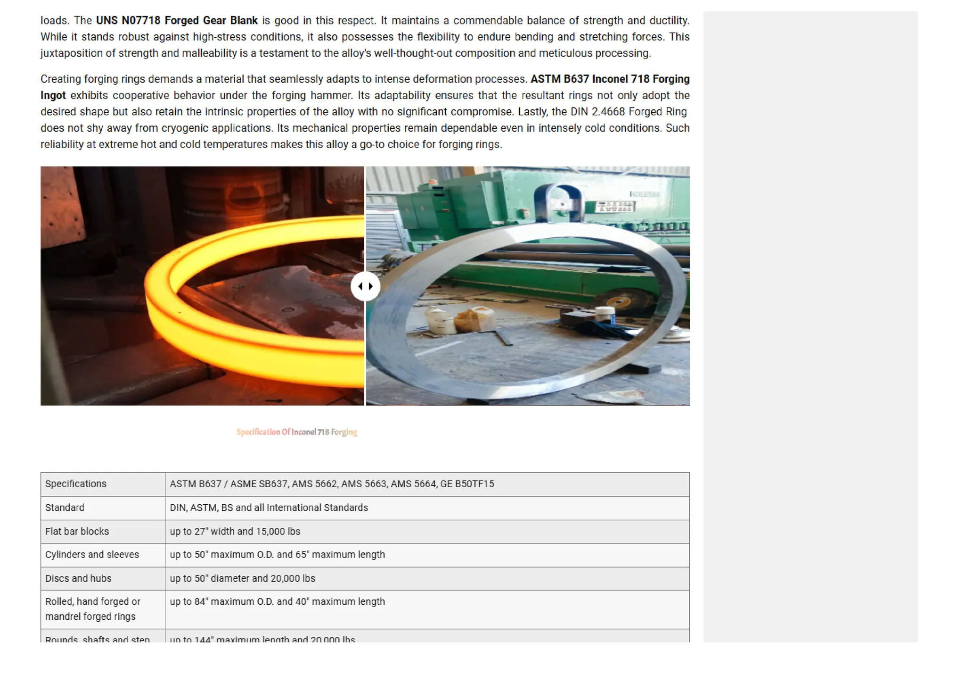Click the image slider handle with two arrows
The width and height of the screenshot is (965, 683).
point(365,286)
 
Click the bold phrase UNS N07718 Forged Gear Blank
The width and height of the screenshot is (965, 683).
point(177,21)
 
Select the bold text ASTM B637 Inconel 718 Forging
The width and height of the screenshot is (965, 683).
point(610,79)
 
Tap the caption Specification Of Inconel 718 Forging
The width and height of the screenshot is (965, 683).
point(297,432)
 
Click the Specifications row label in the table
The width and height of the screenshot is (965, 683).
point(76,484)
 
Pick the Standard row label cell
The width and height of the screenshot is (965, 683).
point(65,508)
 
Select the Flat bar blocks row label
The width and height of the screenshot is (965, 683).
point(77,532)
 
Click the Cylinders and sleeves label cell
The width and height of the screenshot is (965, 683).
point(92,555)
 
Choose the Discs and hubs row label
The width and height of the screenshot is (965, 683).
point(78,579)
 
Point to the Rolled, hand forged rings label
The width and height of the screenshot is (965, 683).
point(92,609)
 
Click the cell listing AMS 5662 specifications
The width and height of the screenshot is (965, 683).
point(332,484)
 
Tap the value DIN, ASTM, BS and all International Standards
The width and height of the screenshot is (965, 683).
point(269,508)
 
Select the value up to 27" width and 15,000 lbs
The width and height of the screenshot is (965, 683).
point(235,532)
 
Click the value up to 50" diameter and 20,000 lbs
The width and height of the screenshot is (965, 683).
point(242,579)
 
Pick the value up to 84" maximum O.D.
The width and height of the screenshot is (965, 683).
point(277,602)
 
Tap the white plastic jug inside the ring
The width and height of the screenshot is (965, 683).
point(441,321)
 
